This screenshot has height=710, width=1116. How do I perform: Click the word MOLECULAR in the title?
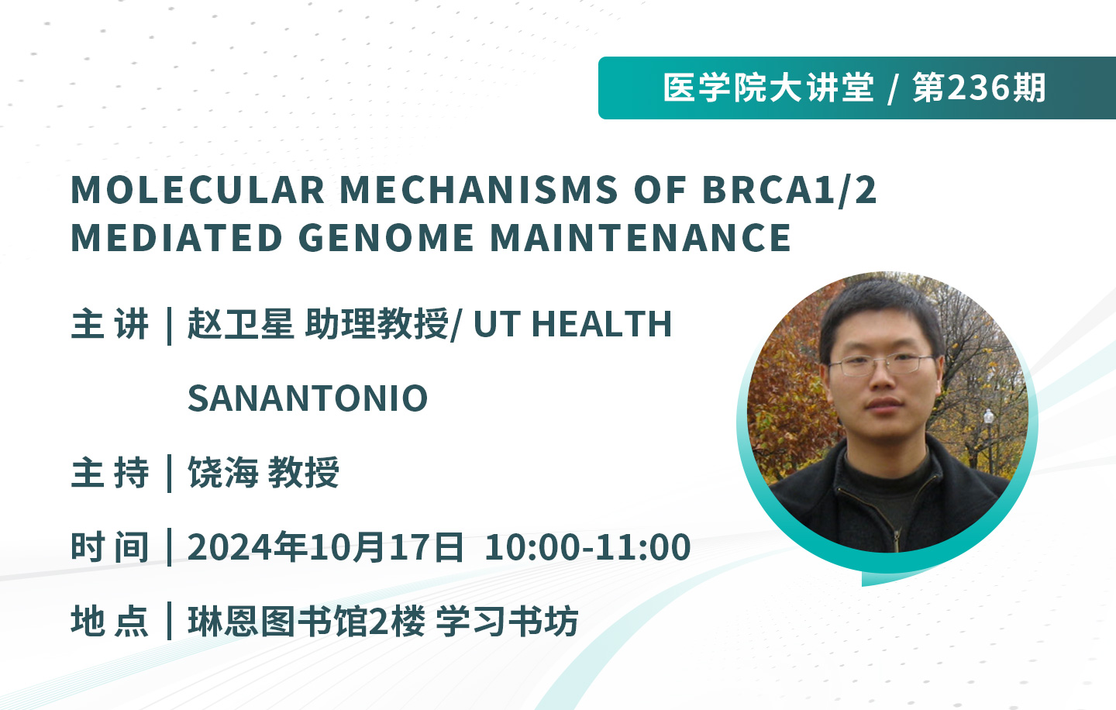pyautogui.click(x=198, y=190)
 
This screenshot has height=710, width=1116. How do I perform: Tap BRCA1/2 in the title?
pyautogui.click(x=789, y=190)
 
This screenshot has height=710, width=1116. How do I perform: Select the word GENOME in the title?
pyautogui.click(x=386, y=237)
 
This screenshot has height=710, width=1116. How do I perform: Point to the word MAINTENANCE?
pyautogui.click(x=641, y=237)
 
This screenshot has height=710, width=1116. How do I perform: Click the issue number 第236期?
pyautogui.click(x=980, y=88)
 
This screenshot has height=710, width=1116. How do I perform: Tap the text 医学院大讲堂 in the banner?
pyautogui.click(x=768, y=88)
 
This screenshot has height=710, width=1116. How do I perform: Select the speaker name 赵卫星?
pyautogui.click(x=240, y=324)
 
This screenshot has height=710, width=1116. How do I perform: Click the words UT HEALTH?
pyautogui.click(x=573, y=324)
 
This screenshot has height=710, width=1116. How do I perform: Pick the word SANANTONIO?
pyautogui.click(x=308, y=398)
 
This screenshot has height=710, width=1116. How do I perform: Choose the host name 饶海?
pyautogui.click(x=222, y=472)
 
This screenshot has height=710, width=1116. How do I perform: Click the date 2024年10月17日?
pyautogui.click(x=325, y=547)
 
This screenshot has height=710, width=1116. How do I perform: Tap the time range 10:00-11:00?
pyautogui.click(x=587, y=547)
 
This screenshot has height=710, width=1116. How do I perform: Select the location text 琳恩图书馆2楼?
pyautogui.click(x=306, y=622)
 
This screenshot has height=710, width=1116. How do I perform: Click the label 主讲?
pyautogui.click(x=109, y=324)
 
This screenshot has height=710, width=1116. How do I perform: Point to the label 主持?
pyautogui.click(x=109, y=472)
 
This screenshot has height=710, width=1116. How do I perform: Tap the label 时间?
pyautogui.click(x=109, y=547)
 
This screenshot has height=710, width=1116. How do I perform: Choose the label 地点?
pyautogui.click(x=109, y=622)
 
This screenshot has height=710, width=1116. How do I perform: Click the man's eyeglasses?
pyautogui.click(x=881, y=365)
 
